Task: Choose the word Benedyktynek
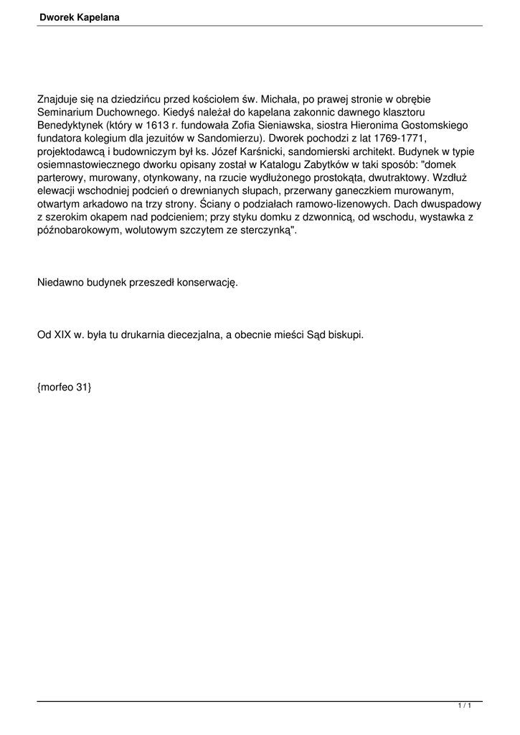[x=70, y=125]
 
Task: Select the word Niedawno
[x=60, y=282]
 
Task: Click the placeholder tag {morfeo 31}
[x=65, y=388]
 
